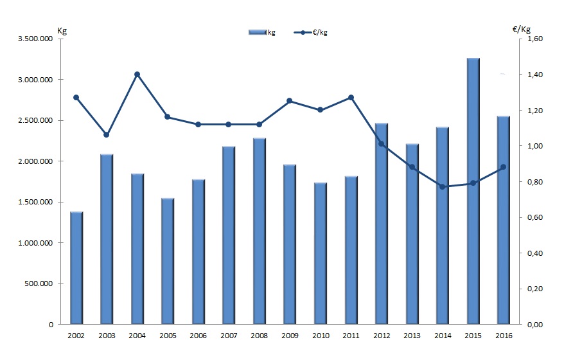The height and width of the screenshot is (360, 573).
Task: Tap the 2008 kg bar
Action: (x=260, y=231)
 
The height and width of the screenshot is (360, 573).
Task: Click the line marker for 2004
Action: (x=137, y=75)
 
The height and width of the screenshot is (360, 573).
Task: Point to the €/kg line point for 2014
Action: (x=443, y=186)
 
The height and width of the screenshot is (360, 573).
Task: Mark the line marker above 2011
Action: (x=351, y=98)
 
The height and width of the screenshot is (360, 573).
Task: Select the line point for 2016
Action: (x=503, y=167)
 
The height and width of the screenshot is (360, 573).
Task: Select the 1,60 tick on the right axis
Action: (x=535, y=39)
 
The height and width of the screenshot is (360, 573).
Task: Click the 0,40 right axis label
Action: (x=535, y=253)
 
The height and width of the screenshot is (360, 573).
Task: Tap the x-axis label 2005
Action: (x=168, y=336)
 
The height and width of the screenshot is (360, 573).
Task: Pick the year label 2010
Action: (x=320, y=336)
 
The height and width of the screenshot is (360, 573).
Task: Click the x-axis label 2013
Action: (x=412, y=336)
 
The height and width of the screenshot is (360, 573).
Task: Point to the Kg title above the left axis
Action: (x=62, y=30)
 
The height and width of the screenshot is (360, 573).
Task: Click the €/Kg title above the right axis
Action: (x=522, y=30)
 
